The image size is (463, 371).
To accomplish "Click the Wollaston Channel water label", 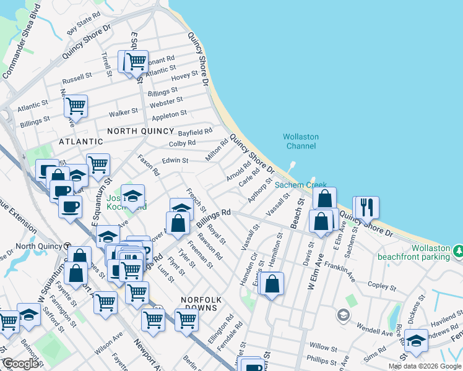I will tap(300, 141).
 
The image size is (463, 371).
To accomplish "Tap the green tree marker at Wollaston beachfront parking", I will tap(459, 250).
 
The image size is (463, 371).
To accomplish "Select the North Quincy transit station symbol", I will tap(66, 245).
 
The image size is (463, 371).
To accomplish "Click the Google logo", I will tap(20, 364).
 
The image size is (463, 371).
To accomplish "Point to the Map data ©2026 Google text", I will tap(425, 366).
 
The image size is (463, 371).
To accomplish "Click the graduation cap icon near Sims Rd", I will tap(416, 341).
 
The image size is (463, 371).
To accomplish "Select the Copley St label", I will tap(381, 287).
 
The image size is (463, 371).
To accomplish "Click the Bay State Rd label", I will tap(84, 22).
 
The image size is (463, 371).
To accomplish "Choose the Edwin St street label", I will tap(175, 160).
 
